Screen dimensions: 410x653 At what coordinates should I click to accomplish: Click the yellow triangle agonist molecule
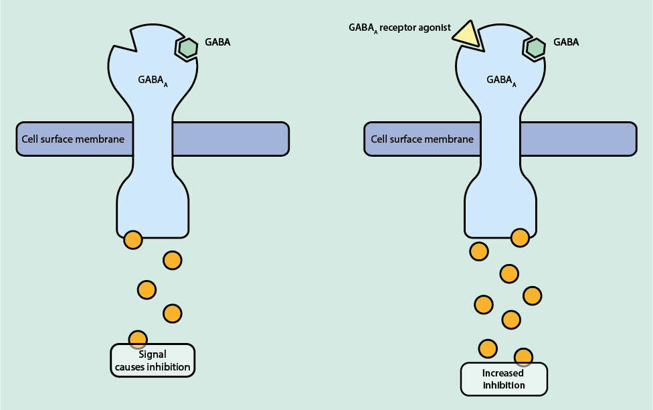(466, 35)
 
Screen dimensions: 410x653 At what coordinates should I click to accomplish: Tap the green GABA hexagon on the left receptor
(188, 48)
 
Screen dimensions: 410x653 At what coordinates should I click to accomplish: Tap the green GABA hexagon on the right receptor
(535, 48)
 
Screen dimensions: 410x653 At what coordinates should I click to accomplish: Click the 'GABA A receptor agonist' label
(399, 28)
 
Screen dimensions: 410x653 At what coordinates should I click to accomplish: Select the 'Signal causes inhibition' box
(153, 360)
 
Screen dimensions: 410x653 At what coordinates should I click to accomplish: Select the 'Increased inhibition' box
(504, 379)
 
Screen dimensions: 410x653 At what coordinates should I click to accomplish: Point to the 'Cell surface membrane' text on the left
(73, 139)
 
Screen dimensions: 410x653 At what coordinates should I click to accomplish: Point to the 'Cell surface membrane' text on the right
(422, 139)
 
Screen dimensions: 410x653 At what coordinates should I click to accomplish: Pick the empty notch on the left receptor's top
(127, 40)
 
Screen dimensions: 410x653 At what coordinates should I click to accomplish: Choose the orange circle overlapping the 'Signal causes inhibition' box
(137, 339)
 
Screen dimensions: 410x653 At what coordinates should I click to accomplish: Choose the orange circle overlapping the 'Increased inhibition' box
(523, 357)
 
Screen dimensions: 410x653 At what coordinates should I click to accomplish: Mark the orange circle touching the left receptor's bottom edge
(133, 239)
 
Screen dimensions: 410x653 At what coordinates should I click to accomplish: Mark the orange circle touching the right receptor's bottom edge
(520, 236)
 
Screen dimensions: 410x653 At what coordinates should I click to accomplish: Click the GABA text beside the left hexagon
(219, 42)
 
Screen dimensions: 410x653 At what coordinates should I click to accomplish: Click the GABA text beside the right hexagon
(566, 42)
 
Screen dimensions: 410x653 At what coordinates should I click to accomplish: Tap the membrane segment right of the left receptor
(231, 139)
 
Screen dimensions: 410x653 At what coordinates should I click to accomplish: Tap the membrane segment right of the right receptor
(579, 139)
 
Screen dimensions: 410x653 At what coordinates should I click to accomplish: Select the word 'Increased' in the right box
(504, 372)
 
